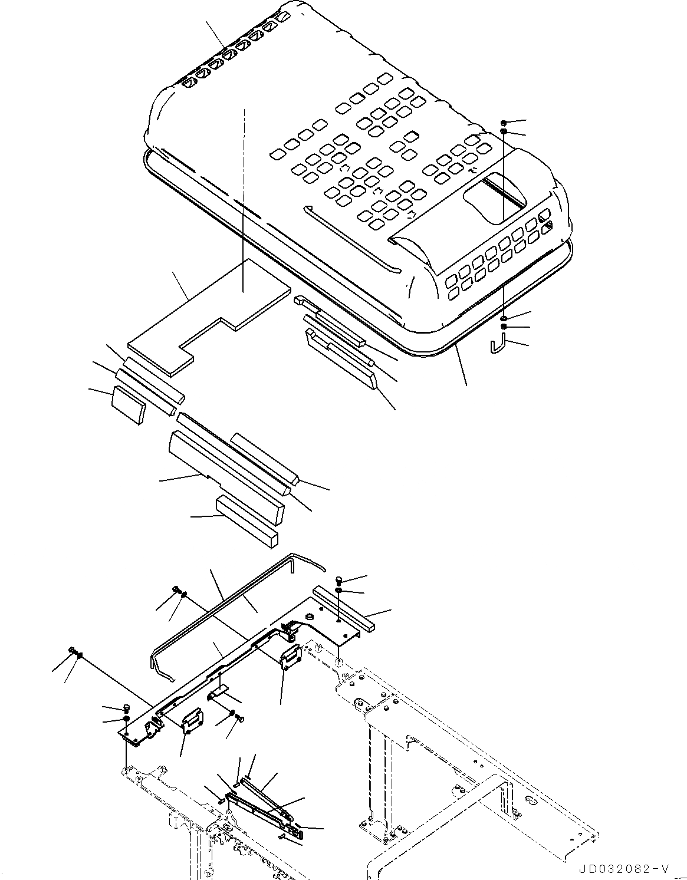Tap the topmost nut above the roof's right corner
[x=504, y=123]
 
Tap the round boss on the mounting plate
[x=310, y=615]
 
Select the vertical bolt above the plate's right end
[x=340, y=580]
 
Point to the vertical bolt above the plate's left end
[x=127, y=708]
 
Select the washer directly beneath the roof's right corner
[x=505, y=319]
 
